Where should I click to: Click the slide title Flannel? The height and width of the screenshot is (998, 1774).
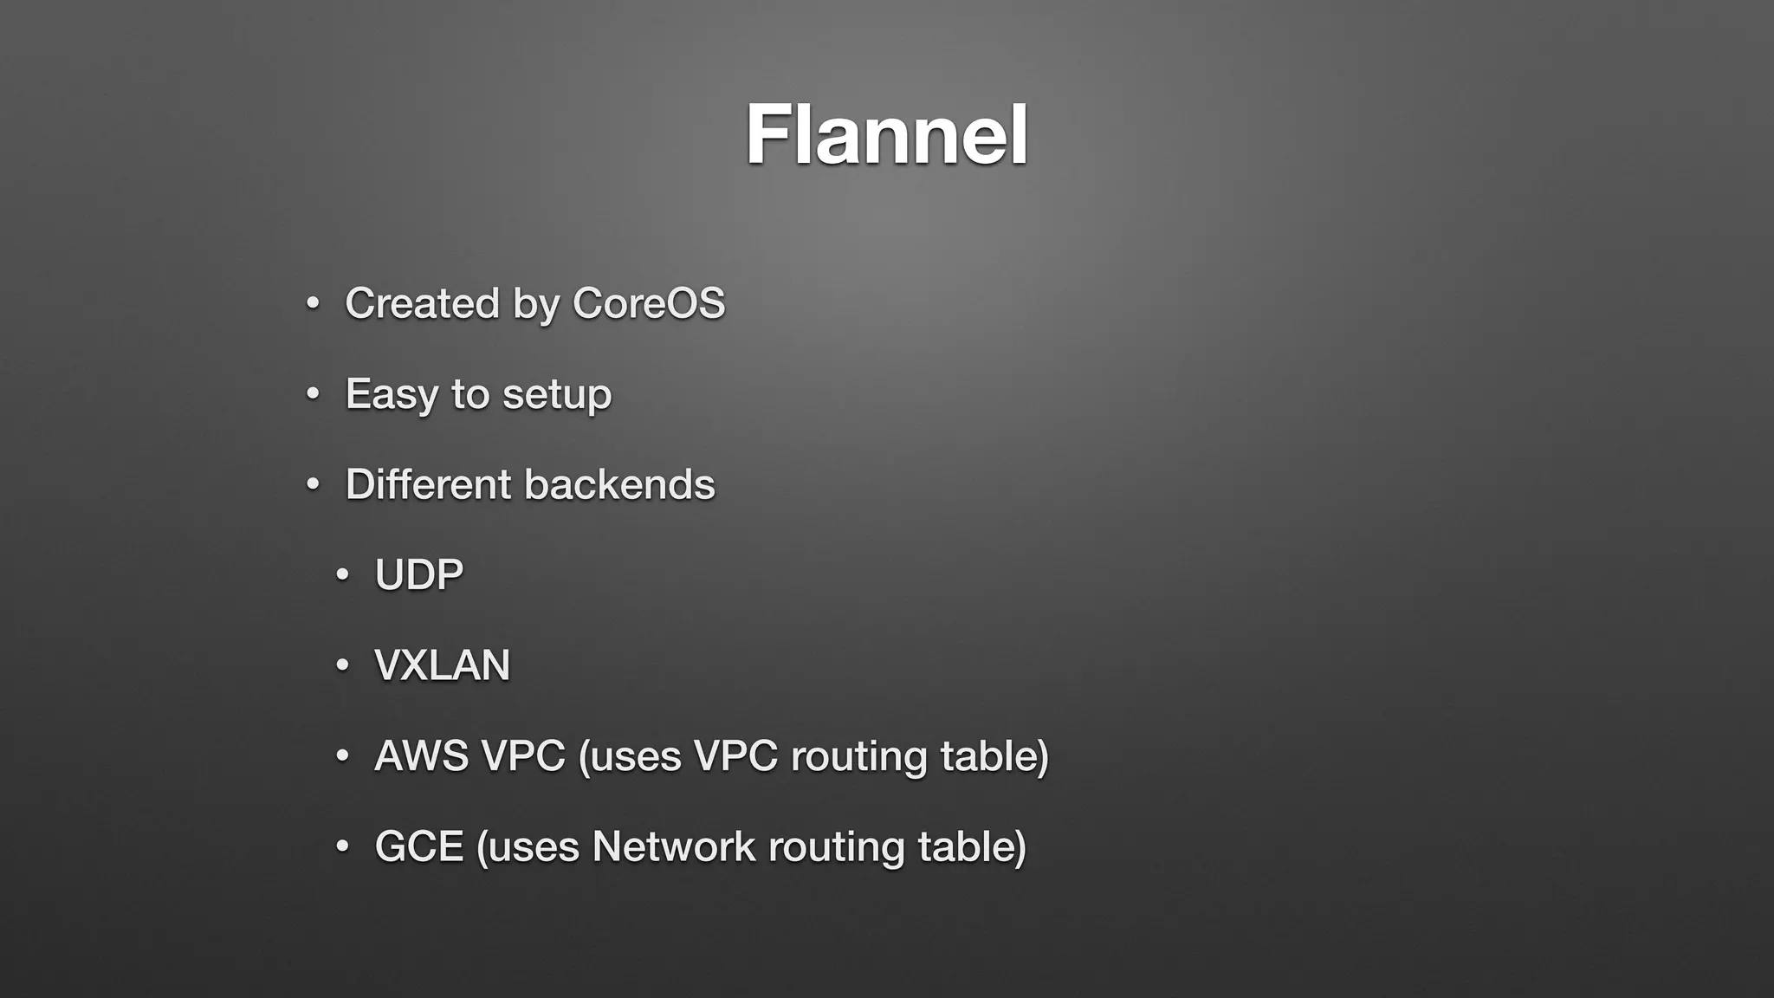pyautogui.click(x=886, y=134)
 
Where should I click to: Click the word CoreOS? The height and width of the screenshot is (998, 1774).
pyautogui.click(x=648, y=303)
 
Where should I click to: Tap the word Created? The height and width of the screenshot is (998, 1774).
pyautogui.click(x=422, y=303)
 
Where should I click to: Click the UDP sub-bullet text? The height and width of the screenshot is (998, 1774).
pyautogui.click(x=418, y=574)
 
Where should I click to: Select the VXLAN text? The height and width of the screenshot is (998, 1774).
pyautogui.click(x=442, y=665)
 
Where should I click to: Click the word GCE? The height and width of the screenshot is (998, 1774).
pyautogui.click(x=418, y=846)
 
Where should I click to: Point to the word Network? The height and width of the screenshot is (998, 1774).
pyautogui.click(x=673, y=846)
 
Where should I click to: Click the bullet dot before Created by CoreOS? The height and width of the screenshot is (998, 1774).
pyautogui.click(x=313, y=304)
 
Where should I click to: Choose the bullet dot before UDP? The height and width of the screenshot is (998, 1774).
pyautogui.click(x=342, y=575)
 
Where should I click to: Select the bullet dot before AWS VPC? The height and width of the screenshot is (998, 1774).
pyautogui.click(x=342, y=756)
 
